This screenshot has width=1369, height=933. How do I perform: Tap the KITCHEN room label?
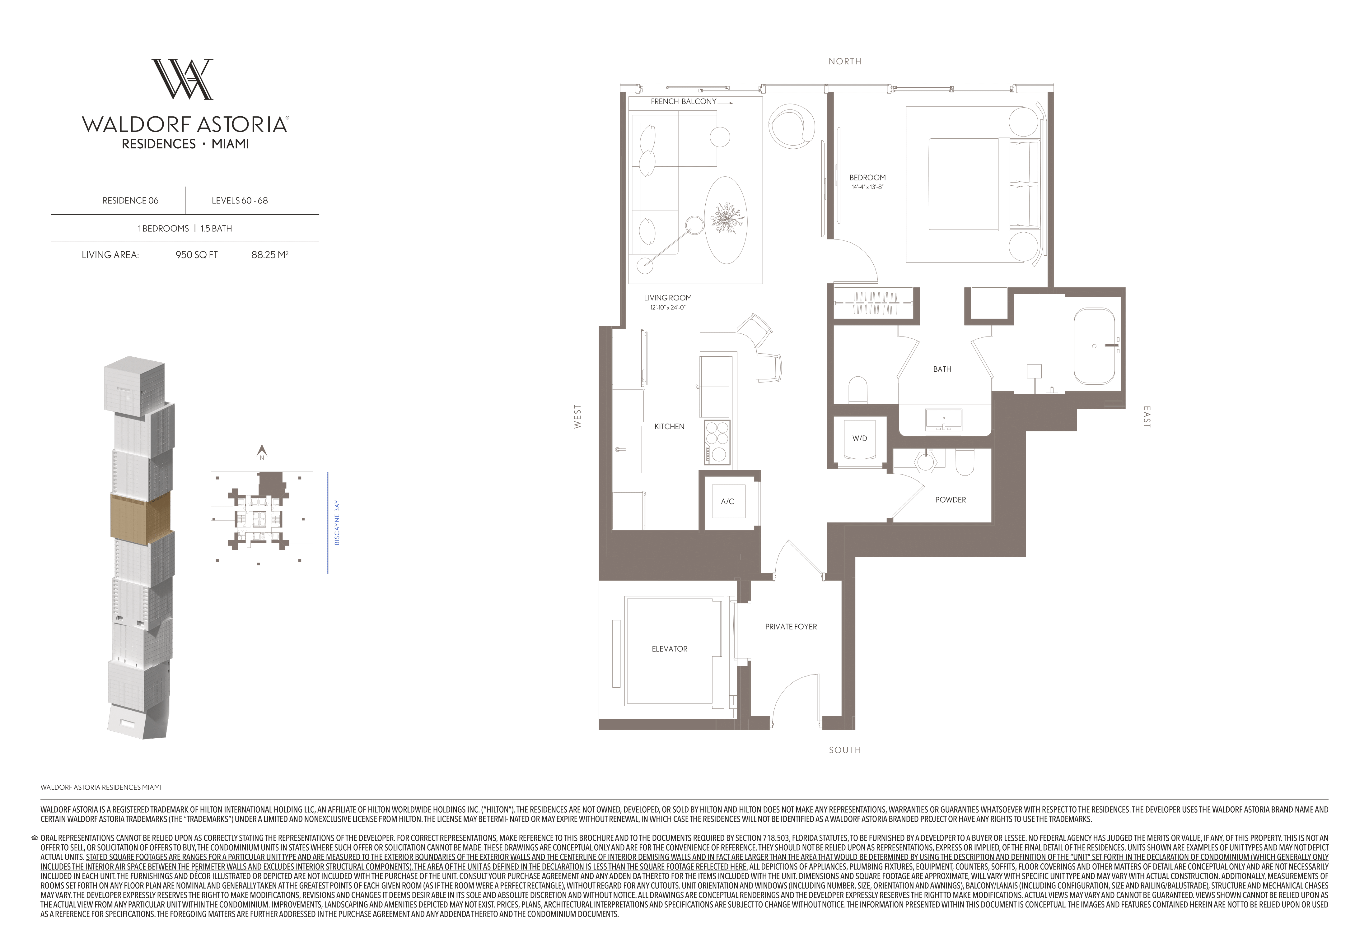click(x=669, y=427)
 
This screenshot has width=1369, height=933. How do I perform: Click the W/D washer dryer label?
click(x=859, y=439)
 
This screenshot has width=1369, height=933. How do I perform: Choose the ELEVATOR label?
click(x=669, y=649)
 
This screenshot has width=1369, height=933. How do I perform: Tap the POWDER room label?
click(x=950, y=500)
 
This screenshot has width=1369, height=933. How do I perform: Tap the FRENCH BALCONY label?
click(x=683, y=101)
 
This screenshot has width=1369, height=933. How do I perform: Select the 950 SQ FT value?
click(x=197, y=255)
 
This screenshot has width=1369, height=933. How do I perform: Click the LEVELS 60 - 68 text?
click(x=240, y=201)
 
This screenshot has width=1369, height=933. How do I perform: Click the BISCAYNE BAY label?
click(x=337, y=523)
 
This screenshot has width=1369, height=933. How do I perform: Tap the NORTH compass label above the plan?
click(x=845, y=61)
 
